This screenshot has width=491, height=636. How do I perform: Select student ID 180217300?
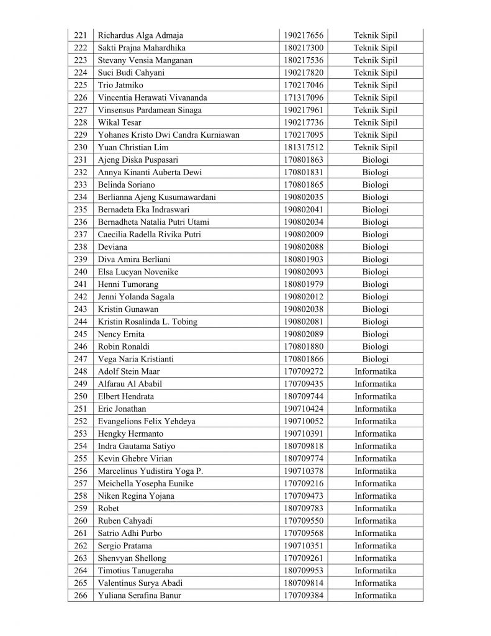coord(304,48)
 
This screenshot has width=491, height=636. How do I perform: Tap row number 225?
coord(81,85)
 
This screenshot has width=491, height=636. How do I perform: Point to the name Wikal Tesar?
coord(119,122)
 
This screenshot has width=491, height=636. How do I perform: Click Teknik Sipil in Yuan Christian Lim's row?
coord(375,147)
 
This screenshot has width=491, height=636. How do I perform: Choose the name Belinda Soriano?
coord(127,184)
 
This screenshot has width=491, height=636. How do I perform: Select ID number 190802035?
coord(304,197)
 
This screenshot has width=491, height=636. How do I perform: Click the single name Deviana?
coord(112,247)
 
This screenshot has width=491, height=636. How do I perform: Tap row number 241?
coord(81,284)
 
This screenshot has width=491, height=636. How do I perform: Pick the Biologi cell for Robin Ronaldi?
coord(375,346)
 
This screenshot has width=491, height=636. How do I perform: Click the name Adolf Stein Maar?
coord(128,371)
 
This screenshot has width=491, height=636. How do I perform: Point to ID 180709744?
coord(304,396)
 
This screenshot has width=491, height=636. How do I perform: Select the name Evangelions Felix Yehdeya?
coord(146,421)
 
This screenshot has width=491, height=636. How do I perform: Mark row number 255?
coord(81,458)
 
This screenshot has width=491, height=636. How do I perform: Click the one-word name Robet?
coord(108,508)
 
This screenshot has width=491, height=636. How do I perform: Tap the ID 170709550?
coord(304,520)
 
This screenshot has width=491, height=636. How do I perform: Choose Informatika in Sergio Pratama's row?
coord(375,545)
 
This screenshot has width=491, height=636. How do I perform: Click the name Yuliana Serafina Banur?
coord(139,596)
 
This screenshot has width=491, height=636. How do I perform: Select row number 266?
coord(81,596)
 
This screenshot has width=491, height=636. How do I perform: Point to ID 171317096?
coord(304,98)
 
